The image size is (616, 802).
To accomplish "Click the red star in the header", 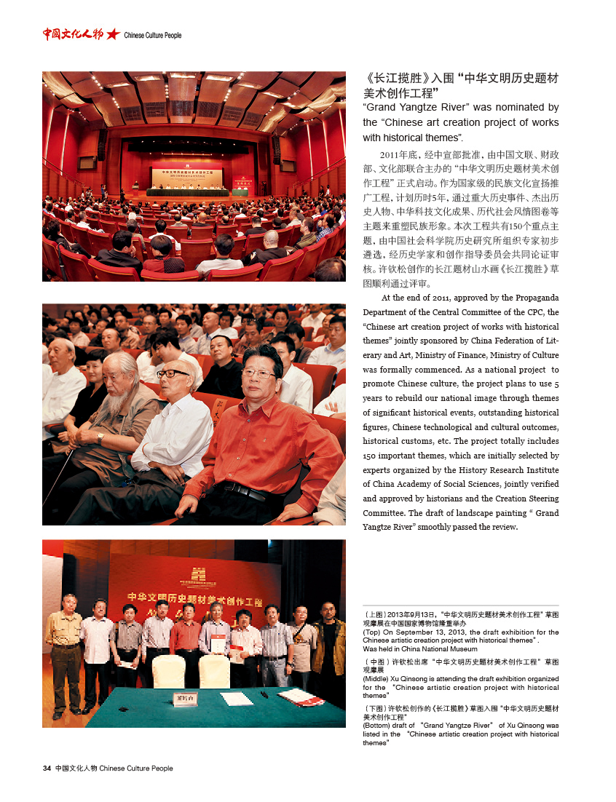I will (x=113, y=34).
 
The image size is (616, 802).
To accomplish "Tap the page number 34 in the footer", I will (x=47, y=768).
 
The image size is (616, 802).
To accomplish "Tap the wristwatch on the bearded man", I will (x=100, y=438).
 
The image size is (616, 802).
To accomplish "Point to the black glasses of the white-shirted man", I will (x=172, y=373).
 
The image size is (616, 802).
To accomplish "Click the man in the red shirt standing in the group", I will (x=185, y=633).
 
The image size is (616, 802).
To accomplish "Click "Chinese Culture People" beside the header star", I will (x=153, y=35).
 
